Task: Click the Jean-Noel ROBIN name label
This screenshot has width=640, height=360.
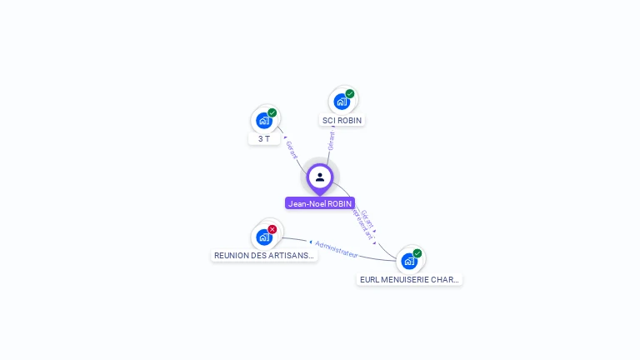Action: tap(320, 203)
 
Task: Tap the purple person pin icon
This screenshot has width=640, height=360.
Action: tap(320, 177)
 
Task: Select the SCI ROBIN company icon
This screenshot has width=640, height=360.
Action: tap(342, 102)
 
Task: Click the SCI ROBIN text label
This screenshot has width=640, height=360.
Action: tap(342, 120)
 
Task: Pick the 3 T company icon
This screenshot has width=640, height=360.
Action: tap(264, 120)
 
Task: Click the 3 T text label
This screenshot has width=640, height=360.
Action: tap(264, 138)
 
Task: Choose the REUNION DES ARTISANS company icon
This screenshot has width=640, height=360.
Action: tap(264, 237)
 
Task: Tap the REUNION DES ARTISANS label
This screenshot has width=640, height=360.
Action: tap(264, 256)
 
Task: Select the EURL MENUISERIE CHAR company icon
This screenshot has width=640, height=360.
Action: tap(409, 261)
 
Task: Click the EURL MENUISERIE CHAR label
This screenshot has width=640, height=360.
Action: tap(409, 280)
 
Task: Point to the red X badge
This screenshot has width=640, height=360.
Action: tap(272, 229)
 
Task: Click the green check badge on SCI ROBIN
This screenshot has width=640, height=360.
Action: tap(350, 94)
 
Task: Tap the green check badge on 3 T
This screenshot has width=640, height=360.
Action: tap(272, 112)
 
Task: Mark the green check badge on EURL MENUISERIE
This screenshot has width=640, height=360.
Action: tap(417, 253)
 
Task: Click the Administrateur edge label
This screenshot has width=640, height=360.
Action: tap(337, 248)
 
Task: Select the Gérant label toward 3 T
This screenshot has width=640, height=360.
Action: tap(292, 150)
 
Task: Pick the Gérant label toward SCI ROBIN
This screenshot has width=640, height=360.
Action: tap(332, 140)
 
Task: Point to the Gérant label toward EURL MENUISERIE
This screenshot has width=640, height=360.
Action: tap(367, 218)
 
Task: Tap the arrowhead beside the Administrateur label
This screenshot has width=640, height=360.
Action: tap(310, 242)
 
